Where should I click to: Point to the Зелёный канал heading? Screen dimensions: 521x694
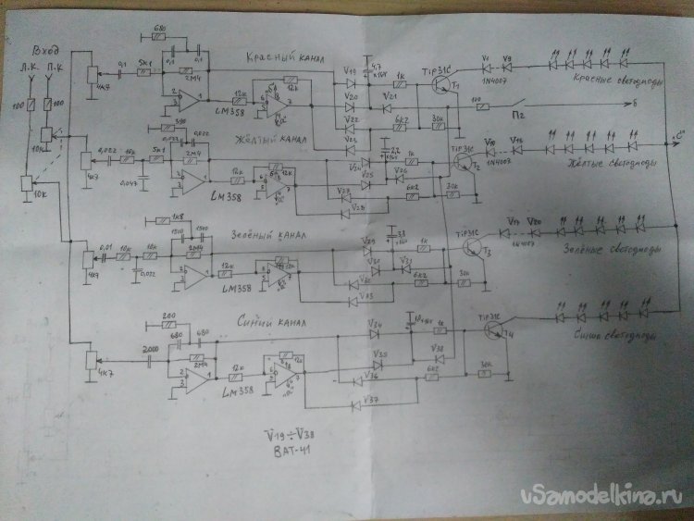pos(256,235)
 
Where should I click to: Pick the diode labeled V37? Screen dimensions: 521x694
pos(362,403)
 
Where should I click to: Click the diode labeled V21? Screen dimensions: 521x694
pos(390,107)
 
